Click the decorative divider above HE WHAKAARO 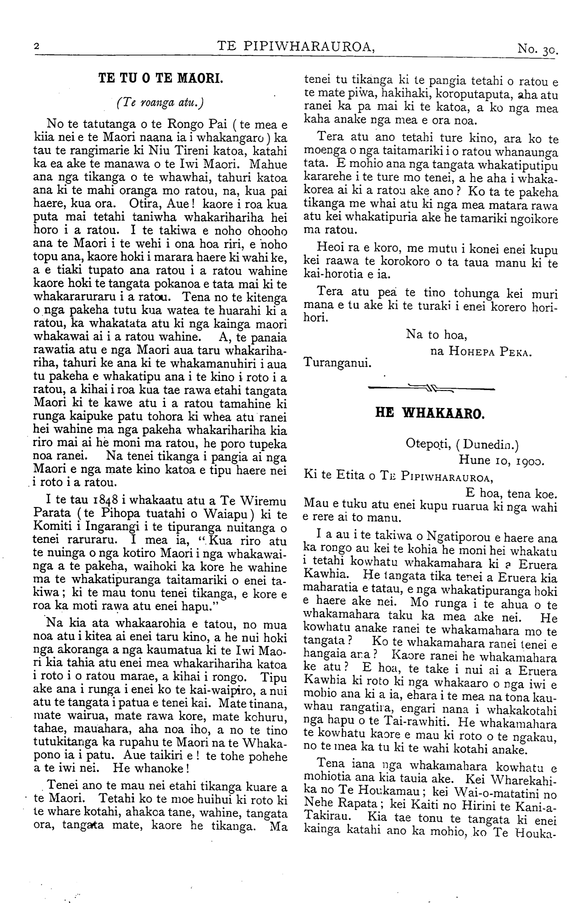(x=431, y=390)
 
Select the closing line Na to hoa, (x=437, y=335)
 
